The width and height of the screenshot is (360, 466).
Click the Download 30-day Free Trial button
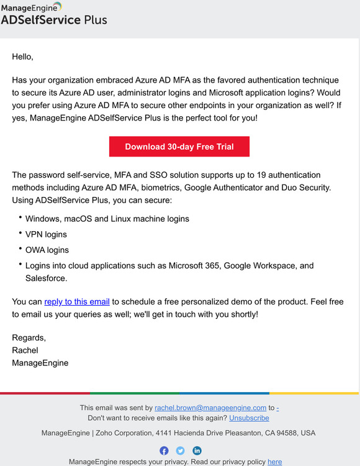pos(179,147)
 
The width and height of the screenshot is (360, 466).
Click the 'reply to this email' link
pos(77,301)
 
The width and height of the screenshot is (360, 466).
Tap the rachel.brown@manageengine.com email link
pos(210,408)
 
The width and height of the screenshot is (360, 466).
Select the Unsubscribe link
pos(249,418)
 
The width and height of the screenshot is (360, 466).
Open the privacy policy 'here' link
pos(274,462)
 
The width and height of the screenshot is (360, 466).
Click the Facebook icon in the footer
pos(164,450)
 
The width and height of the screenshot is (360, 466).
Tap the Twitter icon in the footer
pos(180,450)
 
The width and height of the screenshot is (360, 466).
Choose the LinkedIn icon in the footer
pos(197,450)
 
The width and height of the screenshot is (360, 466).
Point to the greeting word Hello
pos(22,57)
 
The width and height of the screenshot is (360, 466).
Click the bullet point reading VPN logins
pos(46,234)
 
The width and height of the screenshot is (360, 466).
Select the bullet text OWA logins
pos(47,250)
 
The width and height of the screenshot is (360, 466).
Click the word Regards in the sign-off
pos(29,337)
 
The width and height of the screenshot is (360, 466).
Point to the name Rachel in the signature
pos(25,350)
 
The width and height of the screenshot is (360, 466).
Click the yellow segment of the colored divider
pos(313,393)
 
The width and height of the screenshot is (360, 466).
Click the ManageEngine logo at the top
pos(32,7)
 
